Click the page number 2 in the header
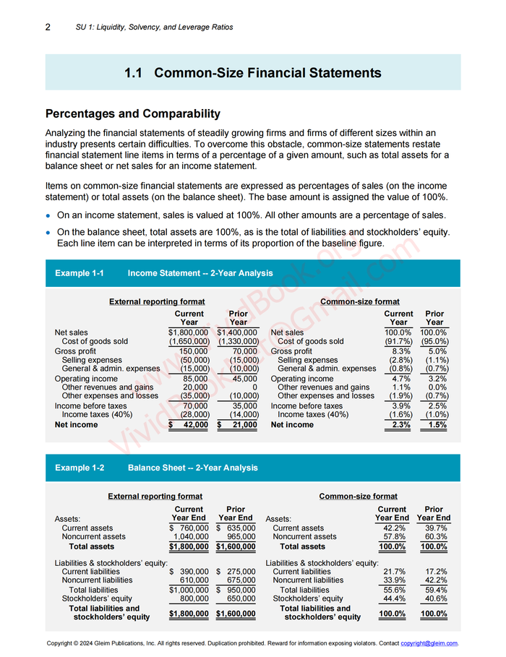[x=48, y=27]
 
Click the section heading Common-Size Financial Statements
[x=252, y=72]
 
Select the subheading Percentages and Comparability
[x=132, y=113]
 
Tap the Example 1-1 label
[x=80, y=273]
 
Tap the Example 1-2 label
[x=80, y=468]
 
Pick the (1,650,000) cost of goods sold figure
[x=189, y=341]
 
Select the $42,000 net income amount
[x=189, y=425]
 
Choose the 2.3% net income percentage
[x=400, y=425]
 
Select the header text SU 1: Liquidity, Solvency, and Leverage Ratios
[x=154, y=27]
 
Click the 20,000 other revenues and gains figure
[x=194, y=387]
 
